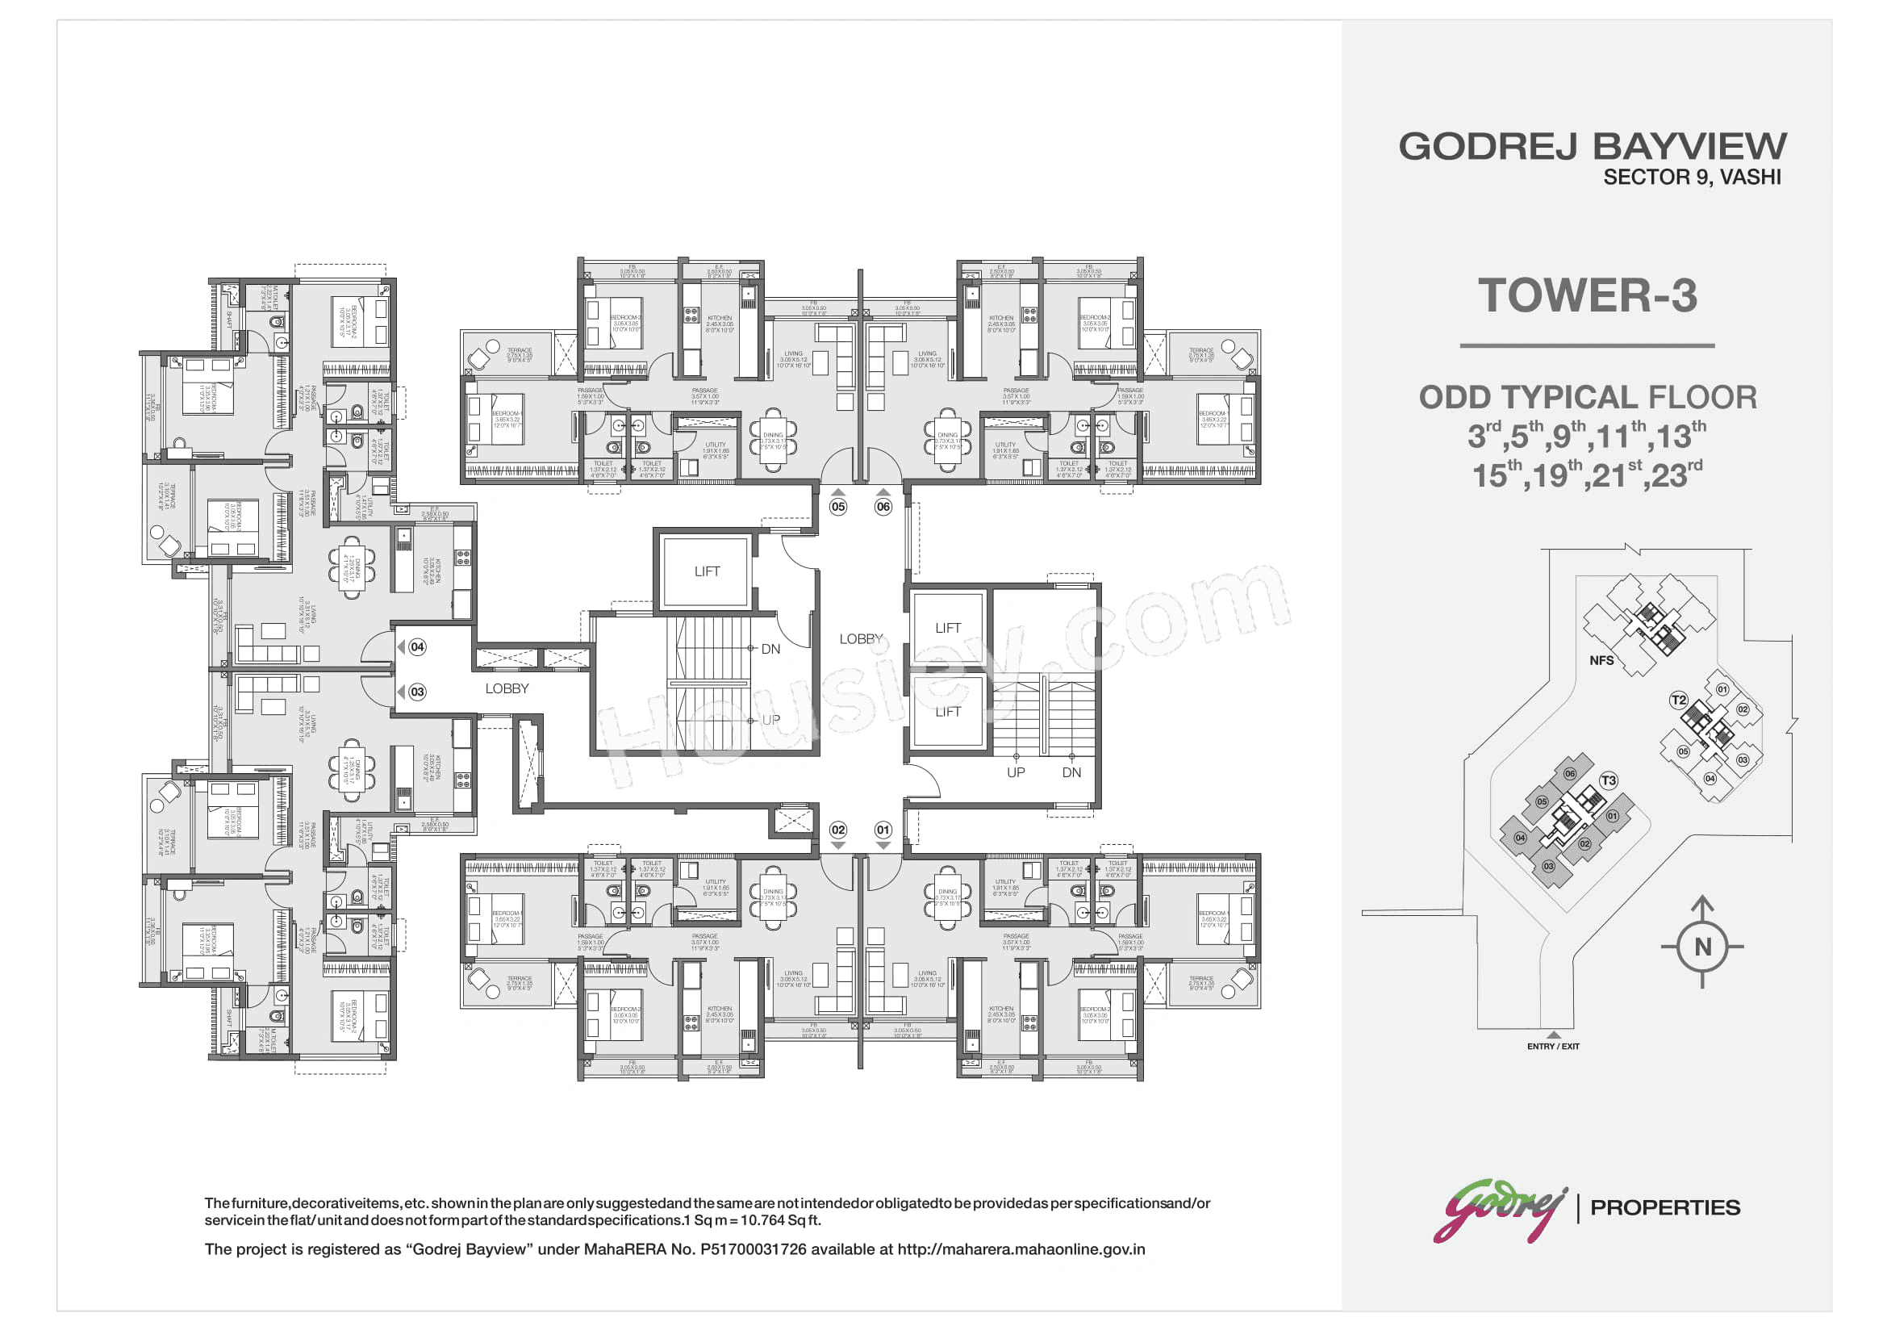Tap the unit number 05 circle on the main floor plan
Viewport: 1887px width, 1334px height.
point(837,507)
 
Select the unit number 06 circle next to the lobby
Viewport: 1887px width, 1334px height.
point(883,507)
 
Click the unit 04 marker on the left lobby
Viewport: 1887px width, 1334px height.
point(418,648)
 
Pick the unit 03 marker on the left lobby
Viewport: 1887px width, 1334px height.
point(418,692)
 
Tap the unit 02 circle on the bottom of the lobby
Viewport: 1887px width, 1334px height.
point(837,830)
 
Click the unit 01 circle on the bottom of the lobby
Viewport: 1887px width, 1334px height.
point(883,830)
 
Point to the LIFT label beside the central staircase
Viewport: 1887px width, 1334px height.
point(707,571)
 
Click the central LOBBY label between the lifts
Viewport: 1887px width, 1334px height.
point(861,639)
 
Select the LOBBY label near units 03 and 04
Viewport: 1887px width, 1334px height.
point(507,688)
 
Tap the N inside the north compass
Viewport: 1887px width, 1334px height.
point(1702,947)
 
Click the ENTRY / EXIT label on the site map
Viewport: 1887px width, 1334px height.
point(1552,1048)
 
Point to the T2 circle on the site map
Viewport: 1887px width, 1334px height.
point(1678,700)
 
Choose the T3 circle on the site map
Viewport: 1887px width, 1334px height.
point(1609,781)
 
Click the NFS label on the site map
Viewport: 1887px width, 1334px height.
point(1601,661)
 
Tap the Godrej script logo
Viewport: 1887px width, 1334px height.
point(1499,1210)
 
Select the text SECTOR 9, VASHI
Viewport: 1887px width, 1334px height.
point(1692,178)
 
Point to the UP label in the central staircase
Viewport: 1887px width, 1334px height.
point(771,720)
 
